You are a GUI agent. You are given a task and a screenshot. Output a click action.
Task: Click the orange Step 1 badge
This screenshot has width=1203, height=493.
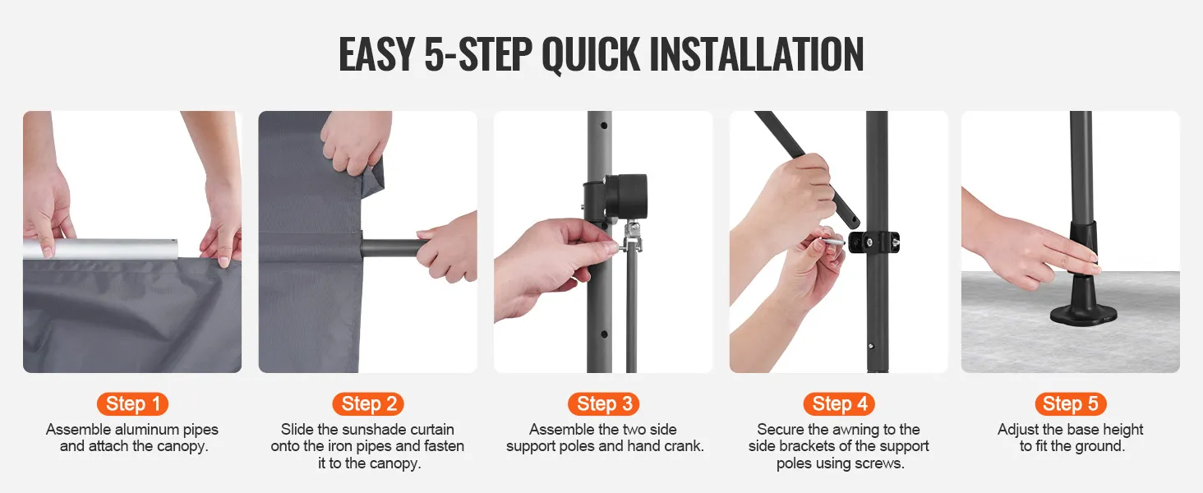(x=132, y=404)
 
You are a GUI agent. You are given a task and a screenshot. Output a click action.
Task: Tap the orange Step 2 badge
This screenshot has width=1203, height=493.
(x=368, y=404)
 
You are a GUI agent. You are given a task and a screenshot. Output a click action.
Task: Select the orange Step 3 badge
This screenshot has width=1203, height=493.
(x=604, y=404)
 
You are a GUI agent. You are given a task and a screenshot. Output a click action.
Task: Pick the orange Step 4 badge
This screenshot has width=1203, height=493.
(x=840, y=404)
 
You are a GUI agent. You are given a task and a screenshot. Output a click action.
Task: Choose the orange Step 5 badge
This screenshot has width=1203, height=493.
(x=1071, y=404)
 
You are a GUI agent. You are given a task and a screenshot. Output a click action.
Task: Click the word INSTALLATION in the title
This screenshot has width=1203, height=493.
(x=757, y=54)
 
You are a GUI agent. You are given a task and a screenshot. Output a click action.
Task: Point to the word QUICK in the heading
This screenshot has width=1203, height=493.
(x=591, y=55)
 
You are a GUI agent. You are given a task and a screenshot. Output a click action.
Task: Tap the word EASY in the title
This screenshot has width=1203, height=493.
(x=376, y=54)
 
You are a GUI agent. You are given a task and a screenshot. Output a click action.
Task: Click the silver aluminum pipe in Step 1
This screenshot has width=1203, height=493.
(x=100, y=249)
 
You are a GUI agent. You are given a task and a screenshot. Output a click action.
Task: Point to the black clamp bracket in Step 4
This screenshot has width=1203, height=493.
(x=873, y=242)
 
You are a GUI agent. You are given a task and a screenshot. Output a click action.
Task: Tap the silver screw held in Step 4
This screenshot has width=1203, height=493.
(x=832, y=242)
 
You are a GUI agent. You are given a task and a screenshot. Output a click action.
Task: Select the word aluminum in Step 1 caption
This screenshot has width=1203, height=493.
(x=148, y=430)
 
